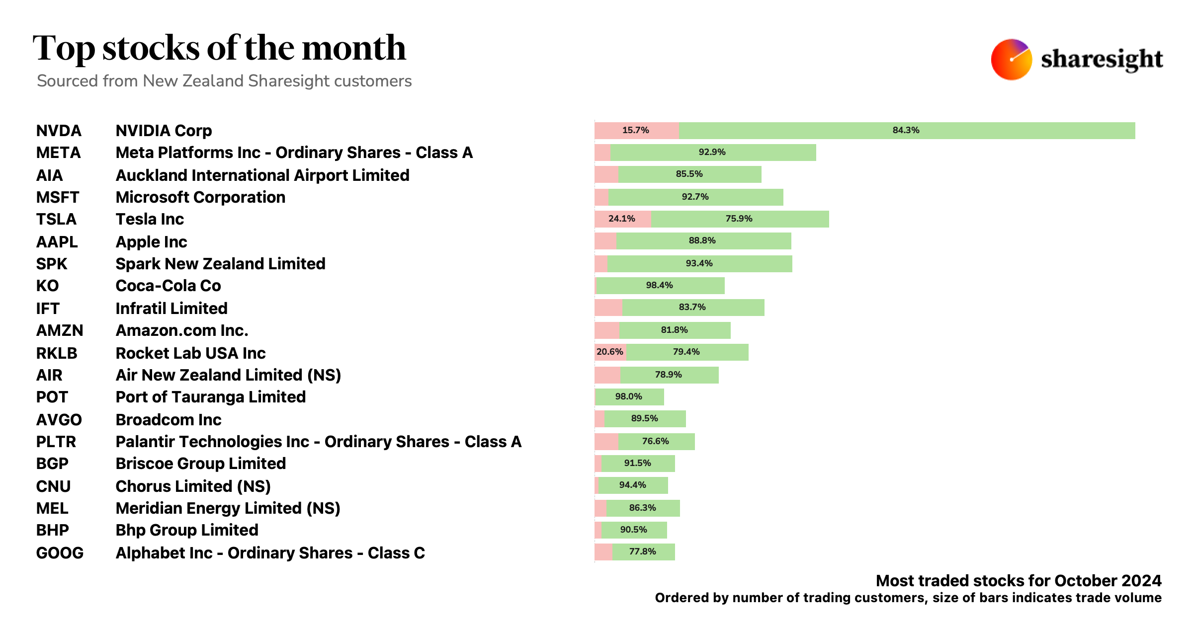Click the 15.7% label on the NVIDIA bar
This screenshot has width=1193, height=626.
pyautogui.click(x=635, y=130)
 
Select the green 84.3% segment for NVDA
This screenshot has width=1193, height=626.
pyautogui.click(x=906, y=130)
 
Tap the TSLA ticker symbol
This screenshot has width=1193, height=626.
pyautogui.click(x=56, y=219)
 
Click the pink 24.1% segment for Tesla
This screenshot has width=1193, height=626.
pyautogui.click(x=622, y=219)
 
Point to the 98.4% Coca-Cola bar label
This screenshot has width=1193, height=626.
pyautogui.click(x=659, y=285)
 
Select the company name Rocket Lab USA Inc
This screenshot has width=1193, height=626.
pyautogui.click(x=190, y=353)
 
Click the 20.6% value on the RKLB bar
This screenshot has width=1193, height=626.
pyautogui.click(x=610, y=352)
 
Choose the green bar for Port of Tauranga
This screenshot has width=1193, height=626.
pyautogui.click(x=629, y=396)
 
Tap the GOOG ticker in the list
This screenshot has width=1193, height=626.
pyautogui.click(x=60, y=553)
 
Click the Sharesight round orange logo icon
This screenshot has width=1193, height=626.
pyautogui.click(x=1011, y=60)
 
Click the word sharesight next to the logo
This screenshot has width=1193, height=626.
pyautogui.click(x=1102, y=60)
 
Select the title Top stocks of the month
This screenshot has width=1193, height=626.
pyautogui.click(x=219, y=48)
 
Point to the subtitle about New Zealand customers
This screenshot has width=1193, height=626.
pyautogui.click(x=224, y=81)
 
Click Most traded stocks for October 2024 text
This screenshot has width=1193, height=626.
pyautogui.click(x=1018, y=580)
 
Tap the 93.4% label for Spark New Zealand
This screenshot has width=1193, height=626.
pyautogui.click(x=699, y=263)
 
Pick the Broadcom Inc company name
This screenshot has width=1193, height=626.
pyautogui.click(x=169, y=420)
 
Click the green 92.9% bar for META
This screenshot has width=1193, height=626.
pyautogui.click(x=712, y=152)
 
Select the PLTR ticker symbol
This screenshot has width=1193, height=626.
pyautogui.click(x=56, y=442)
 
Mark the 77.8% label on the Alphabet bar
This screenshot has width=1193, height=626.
pyautogui.click(x=642, y=551)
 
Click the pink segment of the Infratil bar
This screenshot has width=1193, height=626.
pyautogui.click(x=608, y=308)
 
